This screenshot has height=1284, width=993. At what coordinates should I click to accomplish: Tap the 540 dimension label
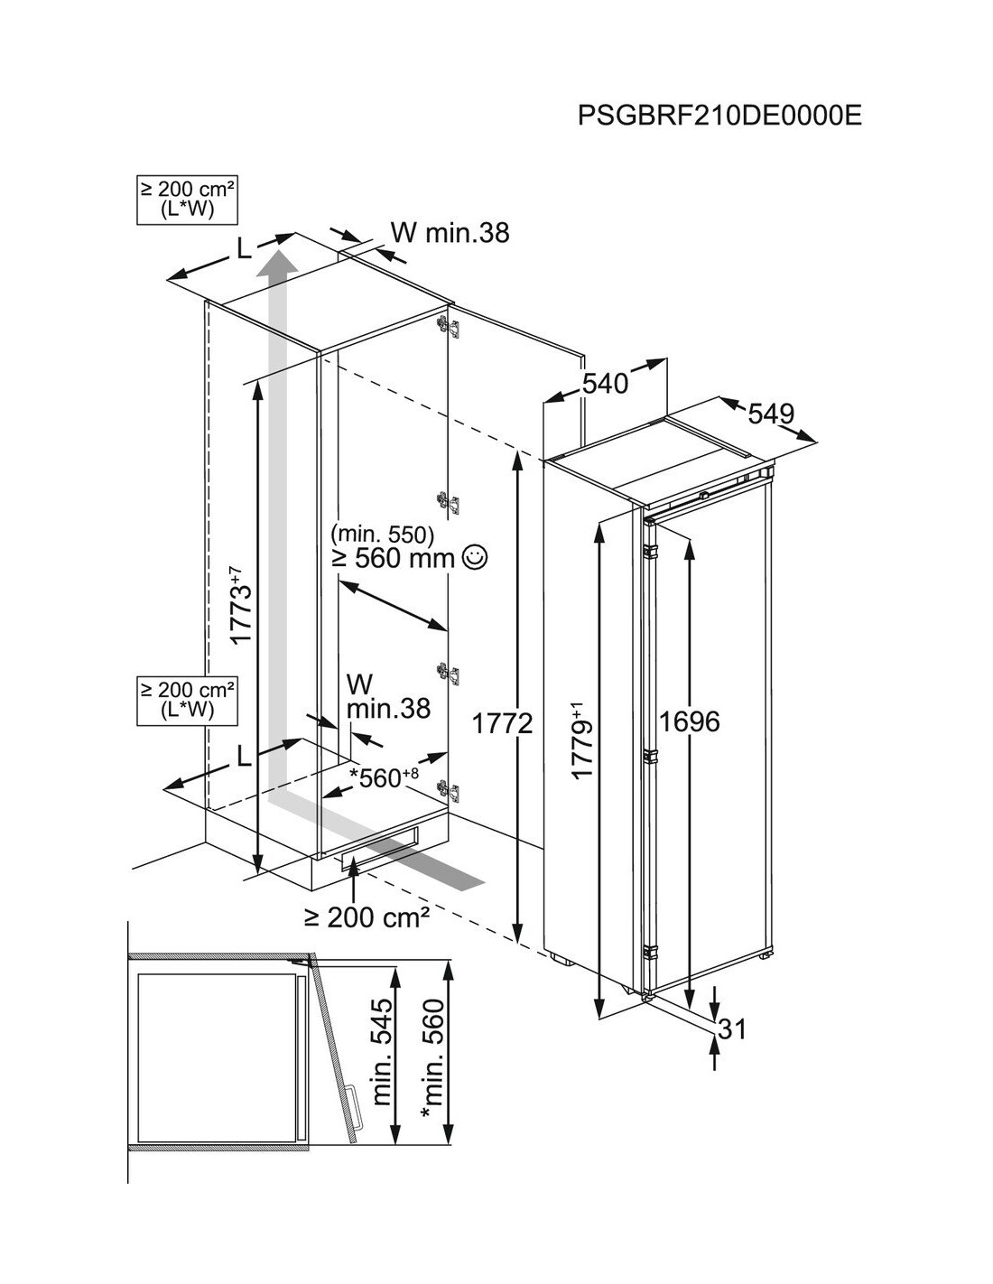[x=604, y=384]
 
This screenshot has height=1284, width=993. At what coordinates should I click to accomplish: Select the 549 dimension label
[x=771, y=414]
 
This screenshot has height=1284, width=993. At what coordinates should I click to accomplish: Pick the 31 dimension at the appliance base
[x=732, y=1028]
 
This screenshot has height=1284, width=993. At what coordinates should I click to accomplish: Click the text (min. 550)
[x=383, y=532]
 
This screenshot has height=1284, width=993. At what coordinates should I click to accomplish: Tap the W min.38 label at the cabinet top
[x=450, y=233]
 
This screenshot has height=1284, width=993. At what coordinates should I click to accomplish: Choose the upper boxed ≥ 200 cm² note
[x=188, y=200]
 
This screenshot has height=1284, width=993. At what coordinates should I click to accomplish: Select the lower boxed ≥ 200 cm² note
[x=188, y=701]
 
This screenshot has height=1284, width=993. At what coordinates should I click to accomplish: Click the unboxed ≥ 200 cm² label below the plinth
[x=366, y=917]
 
